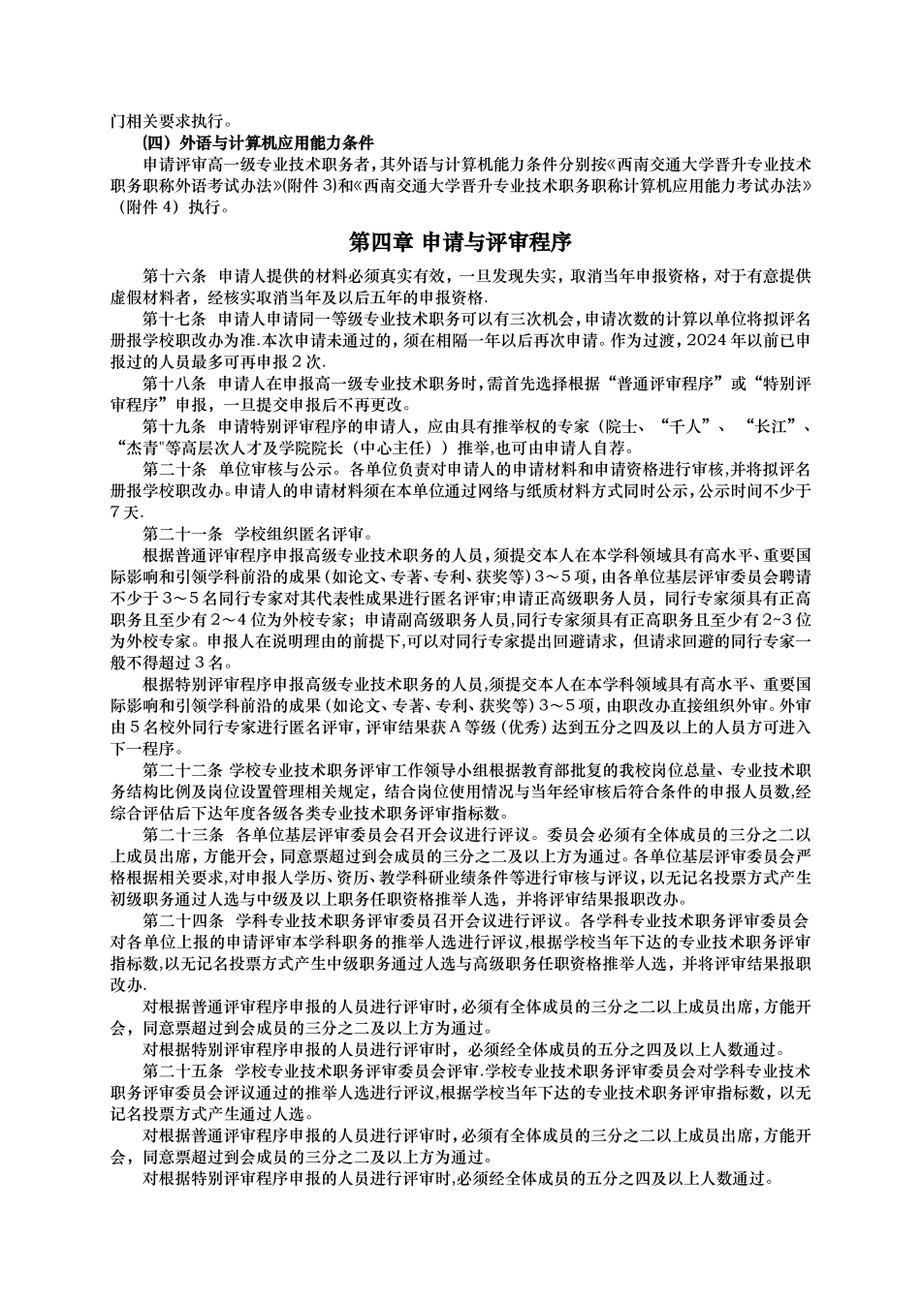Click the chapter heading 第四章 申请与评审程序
460,241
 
